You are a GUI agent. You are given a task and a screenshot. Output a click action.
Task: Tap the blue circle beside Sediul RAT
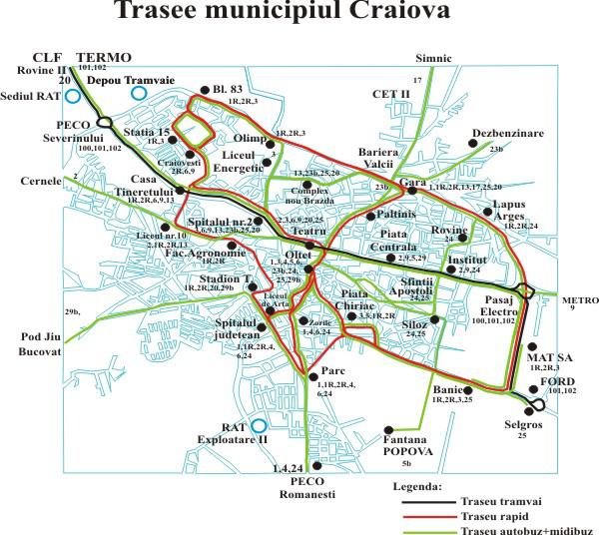(x=73, y=97)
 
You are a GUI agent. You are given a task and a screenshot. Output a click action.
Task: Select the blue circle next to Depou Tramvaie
(x=139, y=94)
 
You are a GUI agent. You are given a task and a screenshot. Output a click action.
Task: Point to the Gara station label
(x=412, y=186)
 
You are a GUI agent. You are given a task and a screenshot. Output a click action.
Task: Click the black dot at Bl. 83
(x=205, y=88)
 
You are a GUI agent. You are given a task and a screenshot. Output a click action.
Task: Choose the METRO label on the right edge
(x=578, y=298)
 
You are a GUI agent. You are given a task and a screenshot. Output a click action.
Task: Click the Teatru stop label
(x=308, y=231)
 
